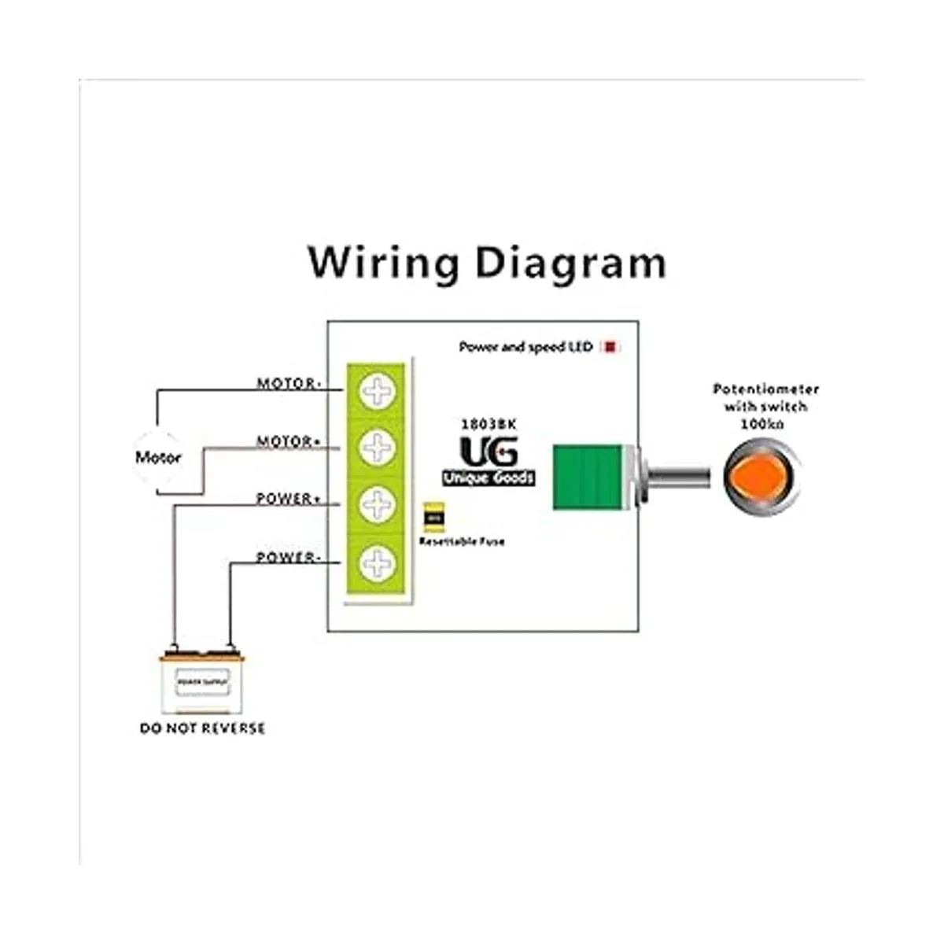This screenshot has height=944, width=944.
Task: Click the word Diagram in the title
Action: point(571,264)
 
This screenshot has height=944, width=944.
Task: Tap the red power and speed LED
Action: point(610,347)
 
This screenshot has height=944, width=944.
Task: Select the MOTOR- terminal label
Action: point(289,384)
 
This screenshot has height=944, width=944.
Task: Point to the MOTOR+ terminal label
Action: point(289,442)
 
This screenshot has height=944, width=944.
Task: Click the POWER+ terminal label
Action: point(289,500)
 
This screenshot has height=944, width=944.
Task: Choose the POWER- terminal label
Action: point(289,558)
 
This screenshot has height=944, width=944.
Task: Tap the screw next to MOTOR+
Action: point(378,448)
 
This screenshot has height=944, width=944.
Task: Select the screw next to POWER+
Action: point(378,505)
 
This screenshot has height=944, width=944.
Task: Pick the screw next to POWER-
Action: point(378,563)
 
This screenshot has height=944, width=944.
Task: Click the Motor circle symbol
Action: point(158,457)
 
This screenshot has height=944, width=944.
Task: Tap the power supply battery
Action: point(202,681)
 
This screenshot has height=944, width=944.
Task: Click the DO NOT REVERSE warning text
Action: point(202,728)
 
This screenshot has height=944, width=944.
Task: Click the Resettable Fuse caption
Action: point(462,541)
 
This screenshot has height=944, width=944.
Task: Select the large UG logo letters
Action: point(489,452)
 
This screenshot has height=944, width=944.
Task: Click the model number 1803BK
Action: point(489,423)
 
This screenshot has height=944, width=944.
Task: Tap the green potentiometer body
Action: point(587,477)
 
